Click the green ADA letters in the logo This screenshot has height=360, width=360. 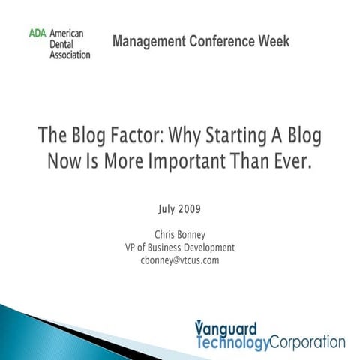click(x=37, y=34)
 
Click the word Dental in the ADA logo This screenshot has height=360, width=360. click(x=64, y=44)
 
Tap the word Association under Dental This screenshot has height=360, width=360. click(x=70, y=55)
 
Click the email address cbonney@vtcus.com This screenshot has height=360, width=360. click(x=180, y=260)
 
